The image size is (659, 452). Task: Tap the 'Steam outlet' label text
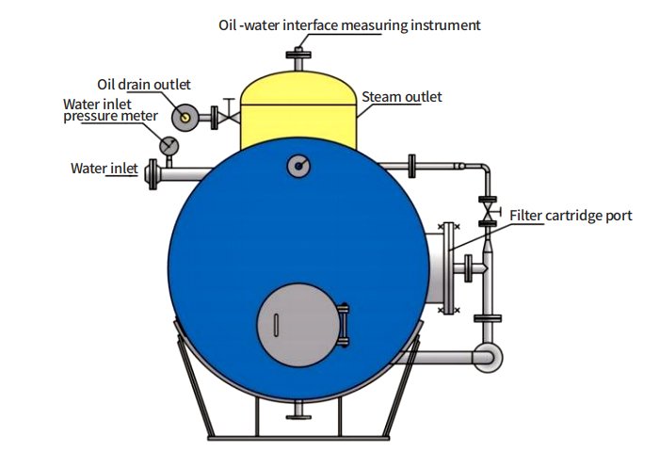(x=402, y=97)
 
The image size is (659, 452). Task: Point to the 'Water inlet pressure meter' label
(x=111, y=110)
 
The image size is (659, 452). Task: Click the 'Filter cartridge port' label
(x=571, y=217)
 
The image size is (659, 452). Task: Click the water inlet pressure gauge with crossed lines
(x=169, y=145)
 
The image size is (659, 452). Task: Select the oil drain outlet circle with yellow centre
(x=185, y=117)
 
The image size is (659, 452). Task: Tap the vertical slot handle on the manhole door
(x=275, y=325)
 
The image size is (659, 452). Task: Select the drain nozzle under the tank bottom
(x=299, y=412)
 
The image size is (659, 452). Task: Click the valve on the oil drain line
(x=226, y=116)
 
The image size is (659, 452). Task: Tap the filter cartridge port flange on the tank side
(x=448, y=267)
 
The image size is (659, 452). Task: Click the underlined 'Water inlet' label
(x=104, y=169)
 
